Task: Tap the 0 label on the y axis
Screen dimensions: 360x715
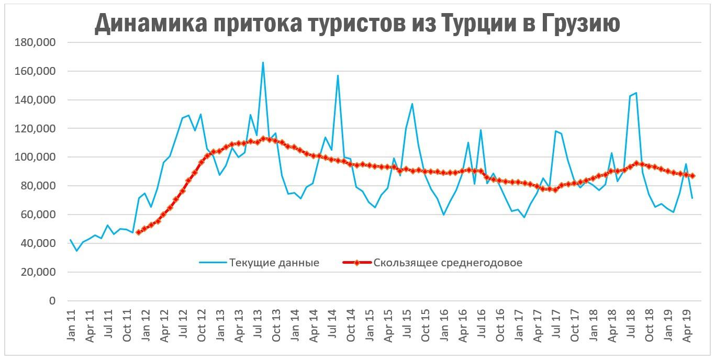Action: pos(51,301)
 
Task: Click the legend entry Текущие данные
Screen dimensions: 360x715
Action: pos(274,263)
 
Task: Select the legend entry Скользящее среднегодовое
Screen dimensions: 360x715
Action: pos(448,263)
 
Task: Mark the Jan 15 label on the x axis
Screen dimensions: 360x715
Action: pos(370,327)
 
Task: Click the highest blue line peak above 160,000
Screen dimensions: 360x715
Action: pos(263,62)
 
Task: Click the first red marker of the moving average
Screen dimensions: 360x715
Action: pos(138,232)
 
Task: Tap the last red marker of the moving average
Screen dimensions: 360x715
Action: pos(692,176)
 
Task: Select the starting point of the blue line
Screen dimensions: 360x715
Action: pos(70,240)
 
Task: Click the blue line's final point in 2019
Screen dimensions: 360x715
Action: pos(692,198)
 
